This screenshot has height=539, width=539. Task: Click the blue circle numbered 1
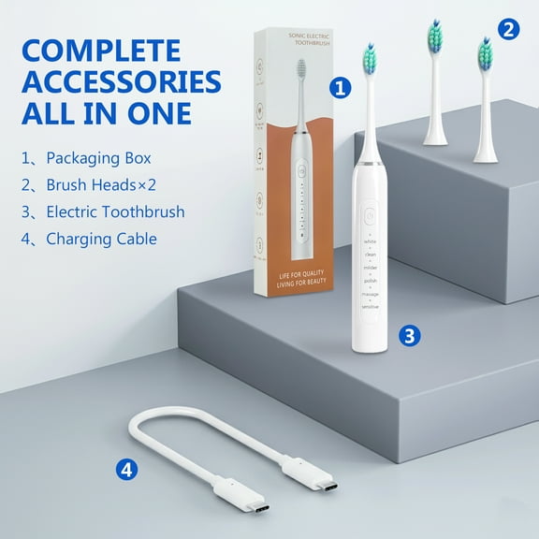341,89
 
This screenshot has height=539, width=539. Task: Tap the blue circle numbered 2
508,29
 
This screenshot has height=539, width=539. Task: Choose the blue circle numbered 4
127,468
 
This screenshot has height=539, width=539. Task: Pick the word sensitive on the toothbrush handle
370,307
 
